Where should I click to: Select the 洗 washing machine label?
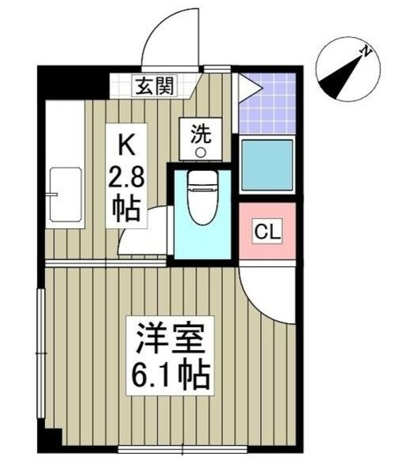[x=200, y=133]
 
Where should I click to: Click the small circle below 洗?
[x=201, y=152]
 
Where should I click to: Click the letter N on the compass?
[x=367, y=51]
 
